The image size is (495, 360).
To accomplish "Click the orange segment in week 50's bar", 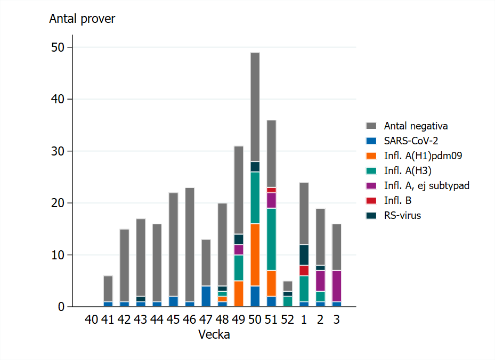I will (255, 255).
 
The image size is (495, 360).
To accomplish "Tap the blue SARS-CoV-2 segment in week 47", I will (206, 297).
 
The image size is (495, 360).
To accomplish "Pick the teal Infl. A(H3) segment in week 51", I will (272, 240).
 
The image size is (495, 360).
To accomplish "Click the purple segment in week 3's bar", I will (337, 286).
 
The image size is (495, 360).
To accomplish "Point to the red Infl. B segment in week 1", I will (304, 271).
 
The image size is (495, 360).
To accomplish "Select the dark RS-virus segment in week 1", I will (304, 255).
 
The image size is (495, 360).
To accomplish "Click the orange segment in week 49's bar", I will (239, 294).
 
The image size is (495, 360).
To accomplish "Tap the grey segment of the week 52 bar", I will (288, 286).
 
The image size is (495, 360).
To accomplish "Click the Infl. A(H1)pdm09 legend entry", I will (423, 156).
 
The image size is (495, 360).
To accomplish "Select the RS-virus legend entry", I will (402, 216).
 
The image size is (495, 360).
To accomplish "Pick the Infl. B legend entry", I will (397, 201).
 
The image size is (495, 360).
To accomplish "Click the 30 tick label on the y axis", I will (58, 151).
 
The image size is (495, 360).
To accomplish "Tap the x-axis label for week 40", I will (91, 320).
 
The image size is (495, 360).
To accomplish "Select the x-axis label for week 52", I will (288, 320).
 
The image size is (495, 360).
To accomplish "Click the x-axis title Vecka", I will (214, 335).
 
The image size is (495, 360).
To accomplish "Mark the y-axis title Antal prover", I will (82, 19).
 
